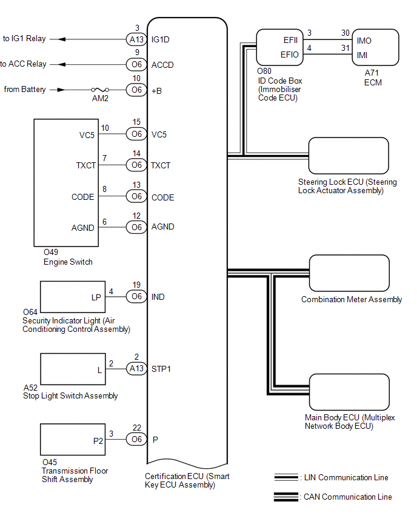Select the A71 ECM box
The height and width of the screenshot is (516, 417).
376,47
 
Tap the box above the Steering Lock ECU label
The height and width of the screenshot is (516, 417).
349,156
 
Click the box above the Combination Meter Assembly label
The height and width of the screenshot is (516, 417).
349,274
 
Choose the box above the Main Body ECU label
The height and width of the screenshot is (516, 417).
349,392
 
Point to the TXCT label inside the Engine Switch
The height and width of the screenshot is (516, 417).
84,165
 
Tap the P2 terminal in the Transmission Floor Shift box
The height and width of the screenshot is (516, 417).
98,441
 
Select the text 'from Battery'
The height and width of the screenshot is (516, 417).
25,90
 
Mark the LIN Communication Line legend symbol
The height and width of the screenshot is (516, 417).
285,477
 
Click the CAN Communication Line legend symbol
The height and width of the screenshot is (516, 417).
285,497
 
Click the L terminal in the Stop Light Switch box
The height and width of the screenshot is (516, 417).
99,368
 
